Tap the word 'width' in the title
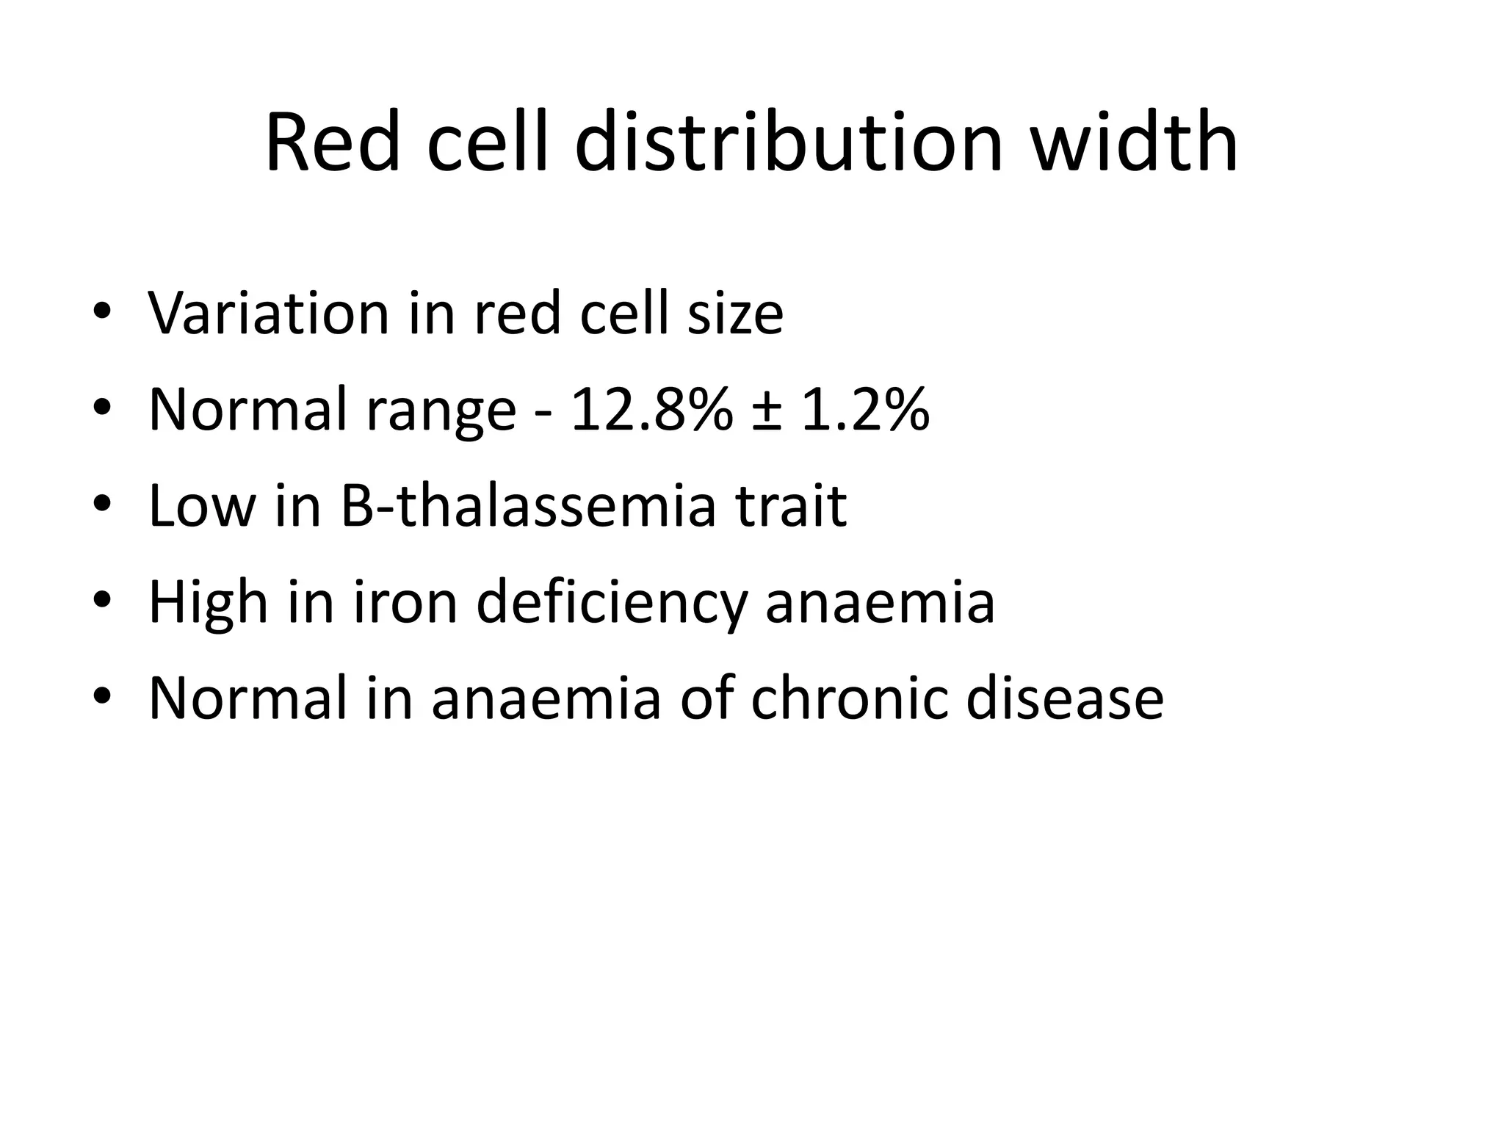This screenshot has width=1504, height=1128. coord(1134,143)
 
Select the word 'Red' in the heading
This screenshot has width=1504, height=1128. coord(333,143)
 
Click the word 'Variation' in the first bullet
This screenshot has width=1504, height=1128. coord(268,314)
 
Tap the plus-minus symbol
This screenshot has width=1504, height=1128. coord(767,411)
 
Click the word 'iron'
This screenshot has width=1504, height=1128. coord(405,602)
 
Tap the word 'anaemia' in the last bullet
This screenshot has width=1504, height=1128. coord(546,699)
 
